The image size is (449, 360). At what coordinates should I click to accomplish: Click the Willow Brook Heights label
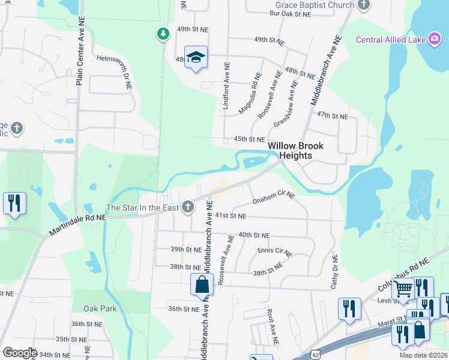tap(295, 151)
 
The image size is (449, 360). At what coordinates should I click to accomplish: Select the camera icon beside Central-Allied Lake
tap(435, 39)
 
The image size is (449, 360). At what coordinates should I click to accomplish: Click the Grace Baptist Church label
tap(311, 5)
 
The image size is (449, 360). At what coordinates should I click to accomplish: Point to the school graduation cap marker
tap(196, 58)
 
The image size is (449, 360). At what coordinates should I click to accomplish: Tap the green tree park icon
tap(162, 34)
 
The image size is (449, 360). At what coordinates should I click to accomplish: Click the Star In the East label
tap(143, 208)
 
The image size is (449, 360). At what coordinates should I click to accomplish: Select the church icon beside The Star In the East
tap(188, 208)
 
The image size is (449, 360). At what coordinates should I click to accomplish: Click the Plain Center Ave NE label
tap(81, 50)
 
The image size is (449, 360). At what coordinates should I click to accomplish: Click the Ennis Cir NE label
tap(274, 252)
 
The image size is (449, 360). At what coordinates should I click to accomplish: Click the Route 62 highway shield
tap(315, 355)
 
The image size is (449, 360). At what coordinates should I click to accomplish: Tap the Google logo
tap(20, 353)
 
